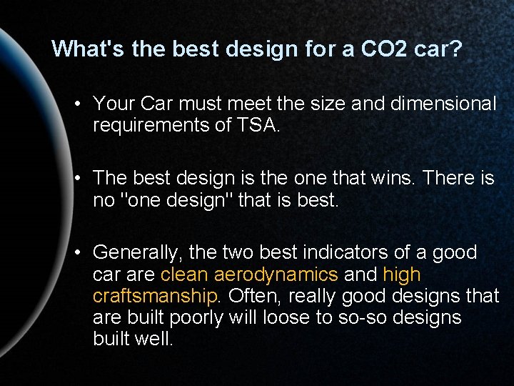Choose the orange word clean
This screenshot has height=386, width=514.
pos(184,274)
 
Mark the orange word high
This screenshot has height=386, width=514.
pos(402,274)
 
